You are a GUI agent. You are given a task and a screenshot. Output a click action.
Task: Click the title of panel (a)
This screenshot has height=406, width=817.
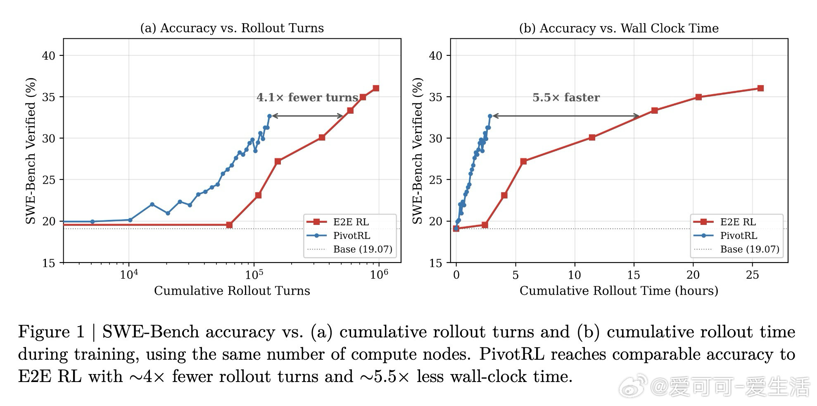[232, 28]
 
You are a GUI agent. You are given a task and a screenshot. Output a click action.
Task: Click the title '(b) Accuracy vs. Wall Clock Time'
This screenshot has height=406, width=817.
[619, 28]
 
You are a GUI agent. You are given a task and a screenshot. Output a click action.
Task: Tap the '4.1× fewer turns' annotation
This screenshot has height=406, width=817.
[307, 98]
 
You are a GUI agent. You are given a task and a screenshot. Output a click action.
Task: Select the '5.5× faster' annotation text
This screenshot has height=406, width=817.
[566, 98]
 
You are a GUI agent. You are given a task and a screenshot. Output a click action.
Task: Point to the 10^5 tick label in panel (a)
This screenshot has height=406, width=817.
[254, 275]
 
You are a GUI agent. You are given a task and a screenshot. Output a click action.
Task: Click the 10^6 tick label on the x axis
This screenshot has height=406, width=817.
[379, 275]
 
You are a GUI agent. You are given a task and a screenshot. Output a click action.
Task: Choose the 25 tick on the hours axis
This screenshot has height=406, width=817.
[752, 275]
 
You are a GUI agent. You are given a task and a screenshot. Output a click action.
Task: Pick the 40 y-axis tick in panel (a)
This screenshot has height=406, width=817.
[48, 56]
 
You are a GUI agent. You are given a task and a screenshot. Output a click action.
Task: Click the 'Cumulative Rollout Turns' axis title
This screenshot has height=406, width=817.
[232, 291]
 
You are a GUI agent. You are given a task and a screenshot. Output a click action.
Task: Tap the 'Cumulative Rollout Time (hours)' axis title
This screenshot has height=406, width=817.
[619, 291]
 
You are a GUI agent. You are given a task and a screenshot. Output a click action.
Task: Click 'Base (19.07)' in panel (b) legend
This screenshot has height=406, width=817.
[749, 249]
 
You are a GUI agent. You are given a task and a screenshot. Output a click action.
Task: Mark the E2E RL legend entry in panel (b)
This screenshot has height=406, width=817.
[738, 222]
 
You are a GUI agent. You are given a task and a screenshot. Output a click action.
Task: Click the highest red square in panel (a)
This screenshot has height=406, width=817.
[376, 88]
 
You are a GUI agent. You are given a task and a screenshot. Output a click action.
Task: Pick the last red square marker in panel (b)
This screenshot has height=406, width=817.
[760, 88]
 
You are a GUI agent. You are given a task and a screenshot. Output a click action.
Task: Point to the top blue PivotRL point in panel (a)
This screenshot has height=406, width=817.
[270, 116]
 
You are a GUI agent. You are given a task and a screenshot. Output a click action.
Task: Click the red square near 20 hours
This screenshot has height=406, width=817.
[698, 97]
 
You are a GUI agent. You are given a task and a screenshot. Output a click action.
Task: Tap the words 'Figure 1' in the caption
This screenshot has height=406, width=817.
[51, 332]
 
